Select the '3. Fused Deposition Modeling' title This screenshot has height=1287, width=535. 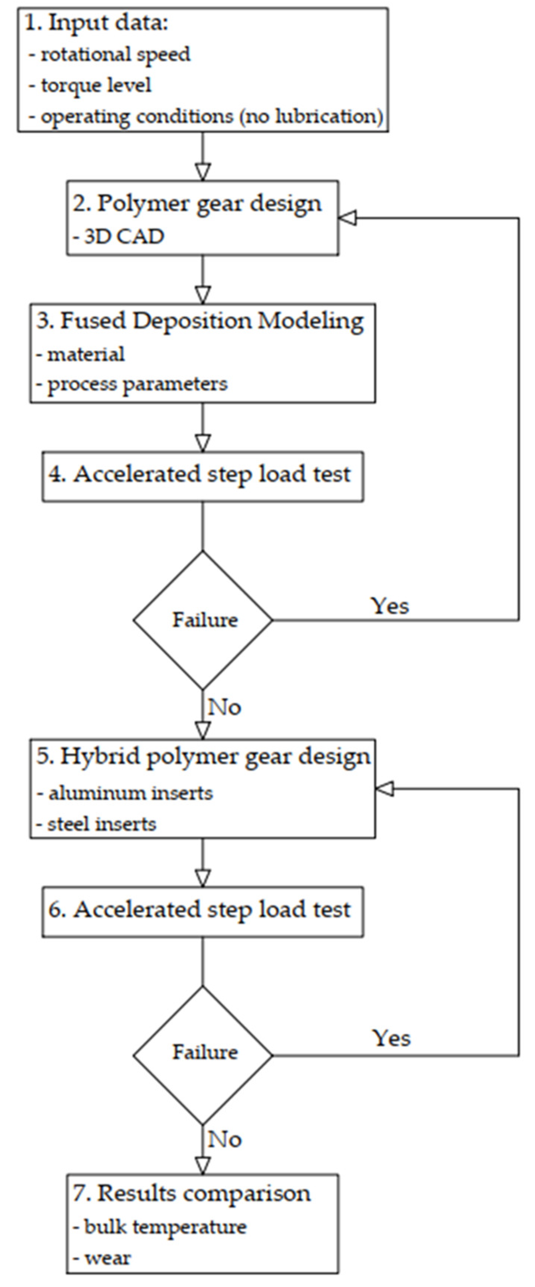pyautogui.click(x=200, y=321)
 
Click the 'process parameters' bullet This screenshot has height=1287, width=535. pyautogui.click(x=136, y=384)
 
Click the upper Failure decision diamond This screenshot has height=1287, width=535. pyautogui.click(x=203, y=620)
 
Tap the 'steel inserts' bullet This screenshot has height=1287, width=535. pyautogui.click(x=101, y=824)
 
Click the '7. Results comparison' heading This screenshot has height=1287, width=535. pyautogui.click(x=192, y=1193)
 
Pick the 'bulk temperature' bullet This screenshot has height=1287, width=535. pyautogui.click(x=165, y=1226)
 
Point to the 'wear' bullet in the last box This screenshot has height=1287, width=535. pyautogui.click(x=107, y=1258)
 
